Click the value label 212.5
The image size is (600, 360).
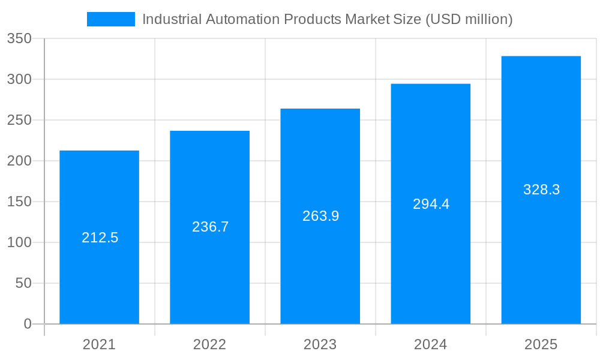point(100,238)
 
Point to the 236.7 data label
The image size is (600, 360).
point(211,227)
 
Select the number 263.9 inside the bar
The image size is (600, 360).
point(321,216)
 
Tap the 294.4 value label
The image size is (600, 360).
point(431,204)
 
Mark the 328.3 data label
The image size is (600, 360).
point(542,190)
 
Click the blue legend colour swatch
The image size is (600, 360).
point(111,19)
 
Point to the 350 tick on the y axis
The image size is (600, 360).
point(19,38)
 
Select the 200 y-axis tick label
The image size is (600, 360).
point(19,161)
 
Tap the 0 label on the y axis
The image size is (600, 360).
point(28,324)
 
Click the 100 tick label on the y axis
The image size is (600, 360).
point(19,242)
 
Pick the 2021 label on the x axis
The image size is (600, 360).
point(100,344)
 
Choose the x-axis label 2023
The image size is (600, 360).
point(320,344)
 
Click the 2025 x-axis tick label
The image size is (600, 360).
point(541,344)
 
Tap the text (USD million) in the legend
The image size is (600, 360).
point(469,19)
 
